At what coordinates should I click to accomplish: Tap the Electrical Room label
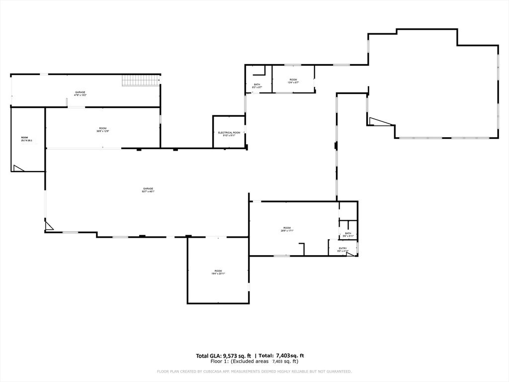(x=229, y=133)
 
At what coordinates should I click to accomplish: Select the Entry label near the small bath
(x=343, y=249)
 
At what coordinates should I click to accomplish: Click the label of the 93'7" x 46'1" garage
(x=148, y=190)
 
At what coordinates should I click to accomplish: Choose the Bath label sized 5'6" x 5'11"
(x=348, y=234)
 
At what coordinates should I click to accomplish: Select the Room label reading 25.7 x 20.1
(x=25, y=139)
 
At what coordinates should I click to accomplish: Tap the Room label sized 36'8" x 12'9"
(x=102, y=130)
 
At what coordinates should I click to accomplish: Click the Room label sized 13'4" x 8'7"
(x=293, y=81)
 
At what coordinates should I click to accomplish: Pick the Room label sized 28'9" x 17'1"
(x=287, y=229)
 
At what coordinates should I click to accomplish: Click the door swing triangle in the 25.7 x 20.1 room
(x=18, y=169)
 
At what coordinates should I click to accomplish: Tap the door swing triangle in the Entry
(x=351, y=254)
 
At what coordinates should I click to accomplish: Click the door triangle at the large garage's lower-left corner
(x=49, y=226)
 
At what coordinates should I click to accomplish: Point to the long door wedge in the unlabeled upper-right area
(x=379, y=121)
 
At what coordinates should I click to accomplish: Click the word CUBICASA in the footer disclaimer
(x=208, y=372)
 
